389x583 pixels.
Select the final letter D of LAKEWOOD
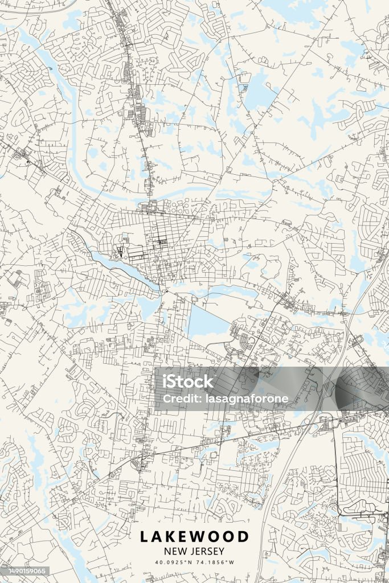click(x=243, y=536)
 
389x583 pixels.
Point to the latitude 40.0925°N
click(x=174, y=563)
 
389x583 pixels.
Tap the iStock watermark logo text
click(x=188, y=382)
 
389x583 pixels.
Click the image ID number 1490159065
click(x=25, y=571)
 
